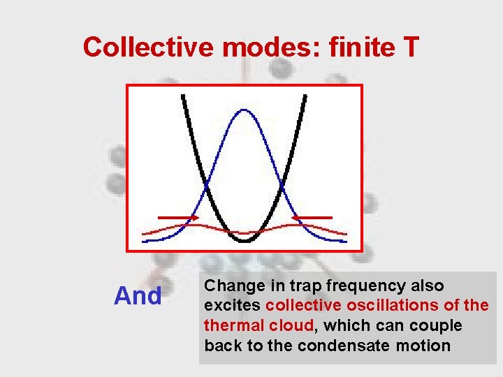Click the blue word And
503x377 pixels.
click(x=138, y=297)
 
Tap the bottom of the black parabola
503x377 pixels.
click(x=245, y=241)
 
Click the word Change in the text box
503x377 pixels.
click(x=234, y=286)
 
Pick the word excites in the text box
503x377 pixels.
click(x=233, y=306)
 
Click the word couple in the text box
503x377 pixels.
click(x=438, y=325)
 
